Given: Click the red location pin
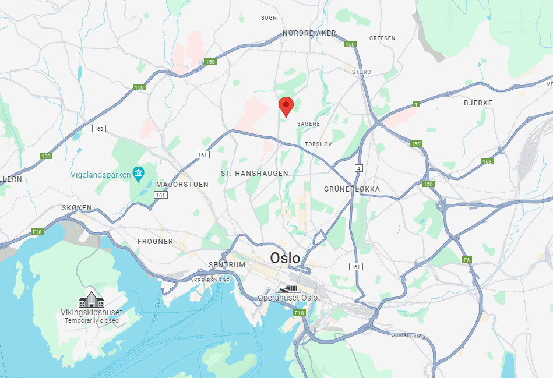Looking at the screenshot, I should click(x=286, y=106).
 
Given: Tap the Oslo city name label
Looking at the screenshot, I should click(x=285, y=258).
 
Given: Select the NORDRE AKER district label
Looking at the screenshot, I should click(x=309, y=33).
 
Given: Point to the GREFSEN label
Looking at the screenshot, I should click(x=382, y=38).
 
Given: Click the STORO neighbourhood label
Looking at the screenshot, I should click(x=361, y=72).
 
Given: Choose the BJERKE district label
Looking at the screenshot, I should click(x=478, y=103).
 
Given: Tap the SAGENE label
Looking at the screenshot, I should click(x=308, y=124).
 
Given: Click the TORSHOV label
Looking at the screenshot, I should click(x=318, y=143).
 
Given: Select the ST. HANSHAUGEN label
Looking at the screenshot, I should click(x=255, y=174).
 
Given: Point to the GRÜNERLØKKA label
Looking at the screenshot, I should click(x=352, y=189).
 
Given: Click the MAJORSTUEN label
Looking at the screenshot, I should click(x=182, y=185).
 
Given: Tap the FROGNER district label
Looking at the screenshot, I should click(x=155, y=241).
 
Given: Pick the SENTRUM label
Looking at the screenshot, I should click(x=227, y=265).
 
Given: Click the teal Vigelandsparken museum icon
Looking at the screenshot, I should click(x=138, y=173).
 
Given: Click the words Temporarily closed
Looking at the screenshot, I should click(x=91, y=320).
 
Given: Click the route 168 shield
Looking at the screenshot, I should click(x=98, y=129).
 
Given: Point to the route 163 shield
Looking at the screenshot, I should click(x=487, y=161).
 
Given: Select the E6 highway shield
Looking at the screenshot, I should click(x=466, y=260).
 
